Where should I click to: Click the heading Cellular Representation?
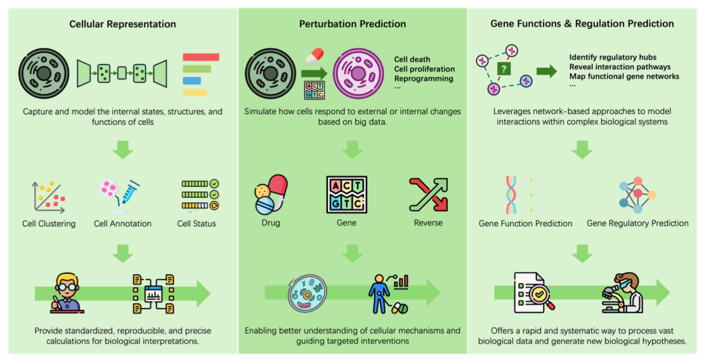coord(123,24)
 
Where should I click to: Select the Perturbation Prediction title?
coord(352,24)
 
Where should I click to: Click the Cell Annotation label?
coord(123,224)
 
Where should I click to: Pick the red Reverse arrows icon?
coord(428,194)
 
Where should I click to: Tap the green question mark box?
coord(503,68)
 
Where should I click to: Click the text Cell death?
coord(412,60)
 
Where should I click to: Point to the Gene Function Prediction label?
coord(525,224)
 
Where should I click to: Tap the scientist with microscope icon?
coord(624,293)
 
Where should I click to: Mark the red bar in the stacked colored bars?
coord(201,57)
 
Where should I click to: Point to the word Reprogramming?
coord(424,78)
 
